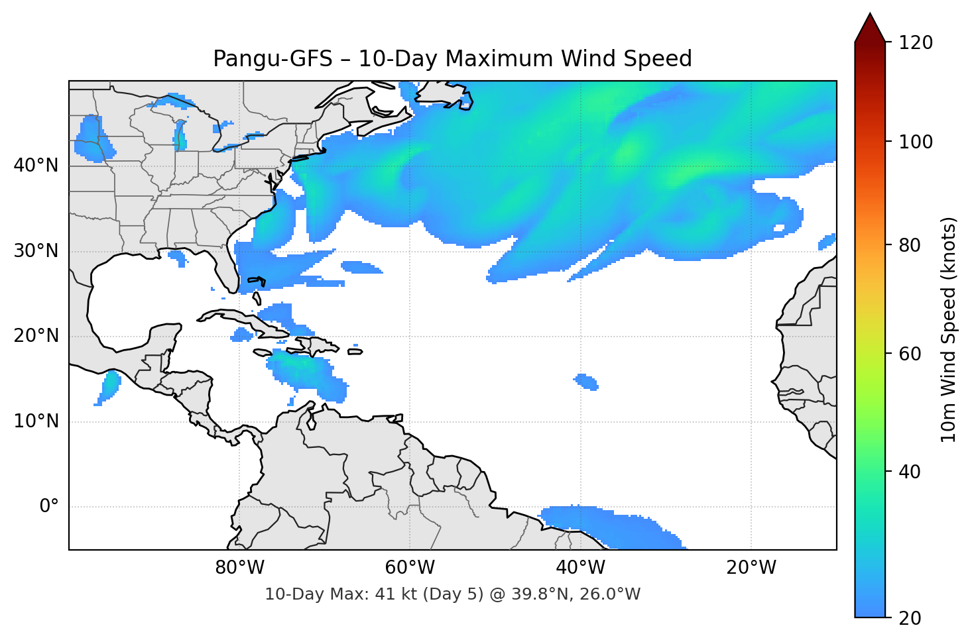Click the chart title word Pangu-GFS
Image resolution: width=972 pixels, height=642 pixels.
[273, 59]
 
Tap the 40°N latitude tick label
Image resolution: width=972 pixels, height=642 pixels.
[36, 166]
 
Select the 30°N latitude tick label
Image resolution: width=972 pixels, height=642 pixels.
[36, 251]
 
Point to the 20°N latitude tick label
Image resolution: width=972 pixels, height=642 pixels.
[36, 336]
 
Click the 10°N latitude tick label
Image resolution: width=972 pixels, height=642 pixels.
[36, 421]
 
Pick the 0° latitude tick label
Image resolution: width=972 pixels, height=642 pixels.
[49, 507]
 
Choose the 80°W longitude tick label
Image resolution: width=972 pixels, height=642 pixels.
[239, 568]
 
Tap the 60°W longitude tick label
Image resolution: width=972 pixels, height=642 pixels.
[410, 568]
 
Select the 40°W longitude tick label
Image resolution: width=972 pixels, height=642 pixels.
[580, 568]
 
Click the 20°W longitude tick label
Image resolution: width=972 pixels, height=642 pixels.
[751, 568]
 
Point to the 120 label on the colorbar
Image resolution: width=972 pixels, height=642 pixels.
[916, 43]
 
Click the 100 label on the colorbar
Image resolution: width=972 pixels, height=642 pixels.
[916, 142]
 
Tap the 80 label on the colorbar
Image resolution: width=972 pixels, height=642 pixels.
[910, 245]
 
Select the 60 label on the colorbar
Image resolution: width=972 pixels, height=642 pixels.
[910, 354]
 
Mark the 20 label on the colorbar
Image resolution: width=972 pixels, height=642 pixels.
[910, 618]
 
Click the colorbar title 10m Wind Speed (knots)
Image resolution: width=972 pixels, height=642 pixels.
[949, 329]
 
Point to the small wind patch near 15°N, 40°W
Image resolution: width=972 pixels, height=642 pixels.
[586, 382]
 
